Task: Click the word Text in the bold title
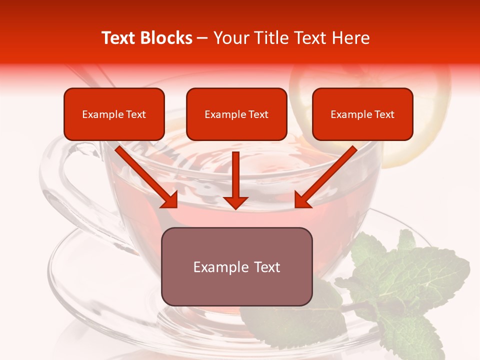point(118,38)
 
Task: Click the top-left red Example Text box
point(114,114)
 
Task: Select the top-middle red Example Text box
point(236,114)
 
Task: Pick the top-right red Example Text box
point(362,114)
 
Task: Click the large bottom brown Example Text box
point(236,266)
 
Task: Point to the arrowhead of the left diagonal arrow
point(170,199)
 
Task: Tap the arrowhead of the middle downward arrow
point(236,202)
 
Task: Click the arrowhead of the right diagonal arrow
point(302,199)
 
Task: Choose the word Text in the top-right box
point(384,114)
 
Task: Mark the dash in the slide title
point(202,38)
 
